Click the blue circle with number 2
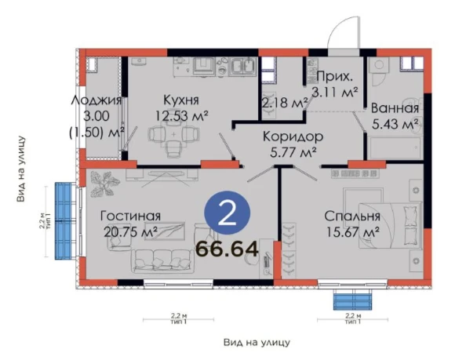(x=227, y=213)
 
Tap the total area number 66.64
(x=227, y=249)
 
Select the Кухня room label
(x=181, y=100)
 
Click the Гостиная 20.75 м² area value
(x=130, y=232)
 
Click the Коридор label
(x=293, y=136)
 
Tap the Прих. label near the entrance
(x=335, y=77)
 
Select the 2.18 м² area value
(x=284, y=103)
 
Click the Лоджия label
(x=96, y=100)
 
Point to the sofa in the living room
(x=162, y=261)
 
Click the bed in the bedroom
(x=390, y=225)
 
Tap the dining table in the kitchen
(x=173, y=134)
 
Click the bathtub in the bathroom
(x=395, y=148)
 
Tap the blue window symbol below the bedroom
(x=352, y=302)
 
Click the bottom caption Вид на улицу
(x=257, y=343)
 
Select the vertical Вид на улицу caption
(x=21, y=169)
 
